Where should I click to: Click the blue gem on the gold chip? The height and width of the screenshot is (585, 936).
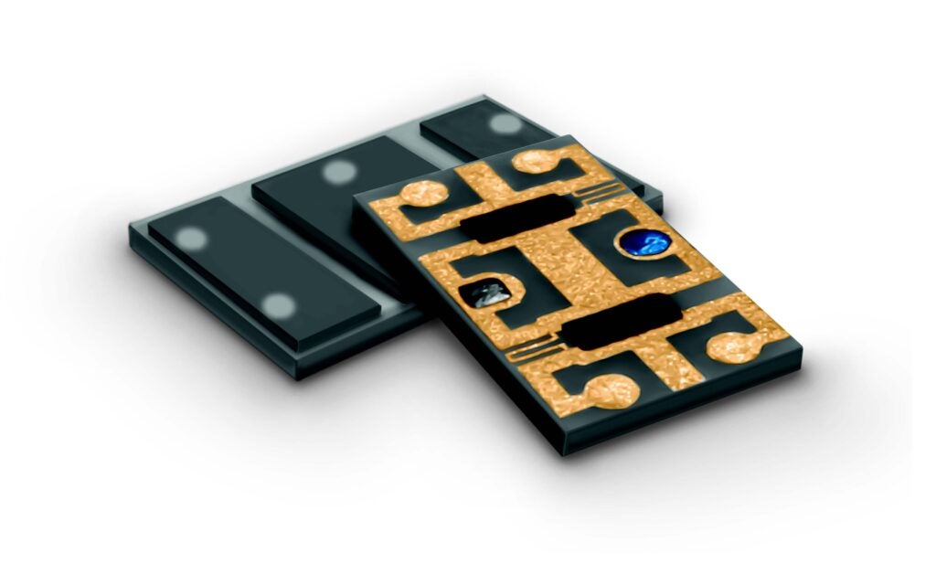point(644,242)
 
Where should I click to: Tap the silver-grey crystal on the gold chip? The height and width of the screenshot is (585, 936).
point(482,295)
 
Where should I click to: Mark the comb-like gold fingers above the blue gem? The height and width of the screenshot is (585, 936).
point(599,193)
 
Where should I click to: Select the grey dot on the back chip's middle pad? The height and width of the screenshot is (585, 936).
point(339,171)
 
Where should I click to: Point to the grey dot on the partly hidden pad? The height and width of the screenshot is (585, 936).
point(502,123)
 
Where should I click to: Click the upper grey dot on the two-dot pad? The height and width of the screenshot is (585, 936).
point(193,239)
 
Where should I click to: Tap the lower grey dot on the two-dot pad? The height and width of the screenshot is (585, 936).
point(278,305)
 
